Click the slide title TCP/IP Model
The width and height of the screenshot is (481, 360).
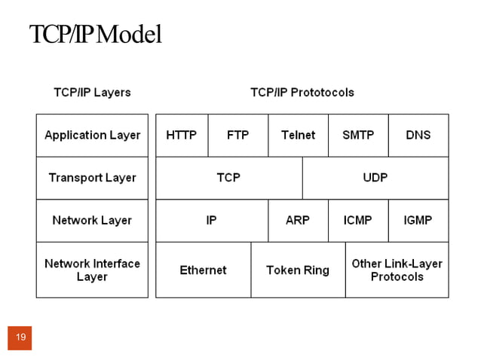click(96, 35)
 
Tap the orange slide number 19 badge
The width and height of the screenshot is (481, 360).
click(20, 337)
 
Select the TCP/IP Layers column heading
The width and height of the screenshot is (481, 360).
click(92, 93)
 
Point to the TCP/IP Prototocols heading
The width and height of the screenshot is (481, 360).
click(302, 93)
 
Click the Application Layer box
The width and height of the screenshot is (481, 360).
click(92, 136)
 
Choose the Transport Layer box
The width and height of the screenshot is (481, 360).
click(92, 178)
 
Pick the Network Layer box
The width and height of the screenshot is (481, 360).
click(92, 221)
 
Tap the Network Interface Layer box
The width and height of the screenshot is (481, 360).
click(92, 270)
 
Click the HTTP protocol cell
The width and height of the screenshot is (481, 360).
click(182, 136)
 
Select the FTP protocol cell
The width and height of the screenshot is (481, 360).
click(238, 136)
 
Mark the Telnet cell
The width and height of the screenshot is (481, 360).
click(299, 136)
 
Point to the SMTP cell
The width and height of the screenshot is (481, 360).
click(358, 136)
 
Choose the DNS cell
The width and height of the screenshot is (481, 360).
click(418, 136)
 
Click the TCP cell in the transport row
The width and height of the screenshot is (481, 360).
click(229, 178)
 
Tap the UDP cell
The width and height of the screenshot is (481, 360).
click(375, 178)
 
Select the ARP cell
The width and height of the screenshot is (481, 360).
click(298, 221)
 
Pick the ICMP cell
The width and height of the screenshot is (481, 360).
click(358, 221)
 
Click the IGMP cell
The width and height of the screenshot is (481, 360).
click(418, 221)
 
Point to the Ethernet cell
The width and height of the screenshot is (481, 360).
click(203, 270)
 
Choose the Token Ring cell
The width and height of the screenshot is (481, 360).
click(298, 270)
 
